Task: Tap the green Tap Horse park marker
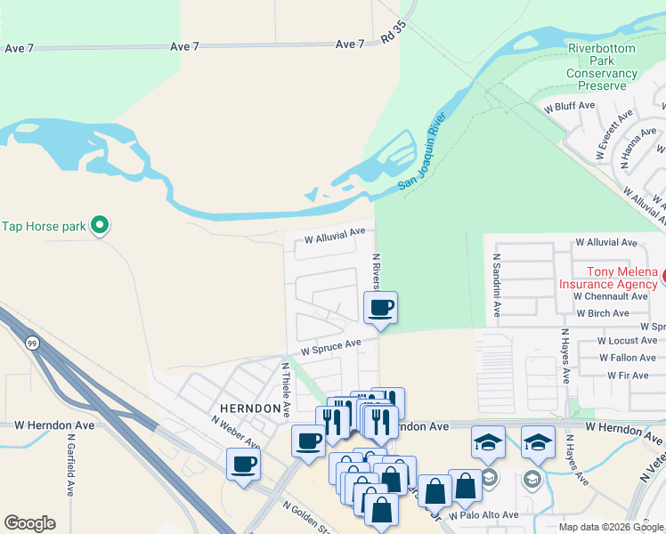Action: (x=101, y=226)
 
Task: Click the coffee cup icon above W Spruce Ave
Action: (x=380, y=309)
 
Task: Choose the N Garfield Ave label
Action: (x=69, y=464)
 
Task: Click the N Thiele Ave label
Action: (x=287, y=389)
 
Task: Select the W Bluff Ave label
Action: (x=569, y=105)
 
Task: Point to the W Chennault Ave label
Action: (x=611, y=295)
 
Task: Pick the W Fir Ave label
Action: (x=628, y=376)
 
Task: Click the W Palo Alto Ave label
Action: (x=483, y=515)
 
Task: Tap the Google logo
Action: (x=29, y=523)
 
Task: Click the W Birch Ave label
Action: (x=605, y=313)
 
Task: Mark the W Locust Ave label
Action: (x=627, y=341)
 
